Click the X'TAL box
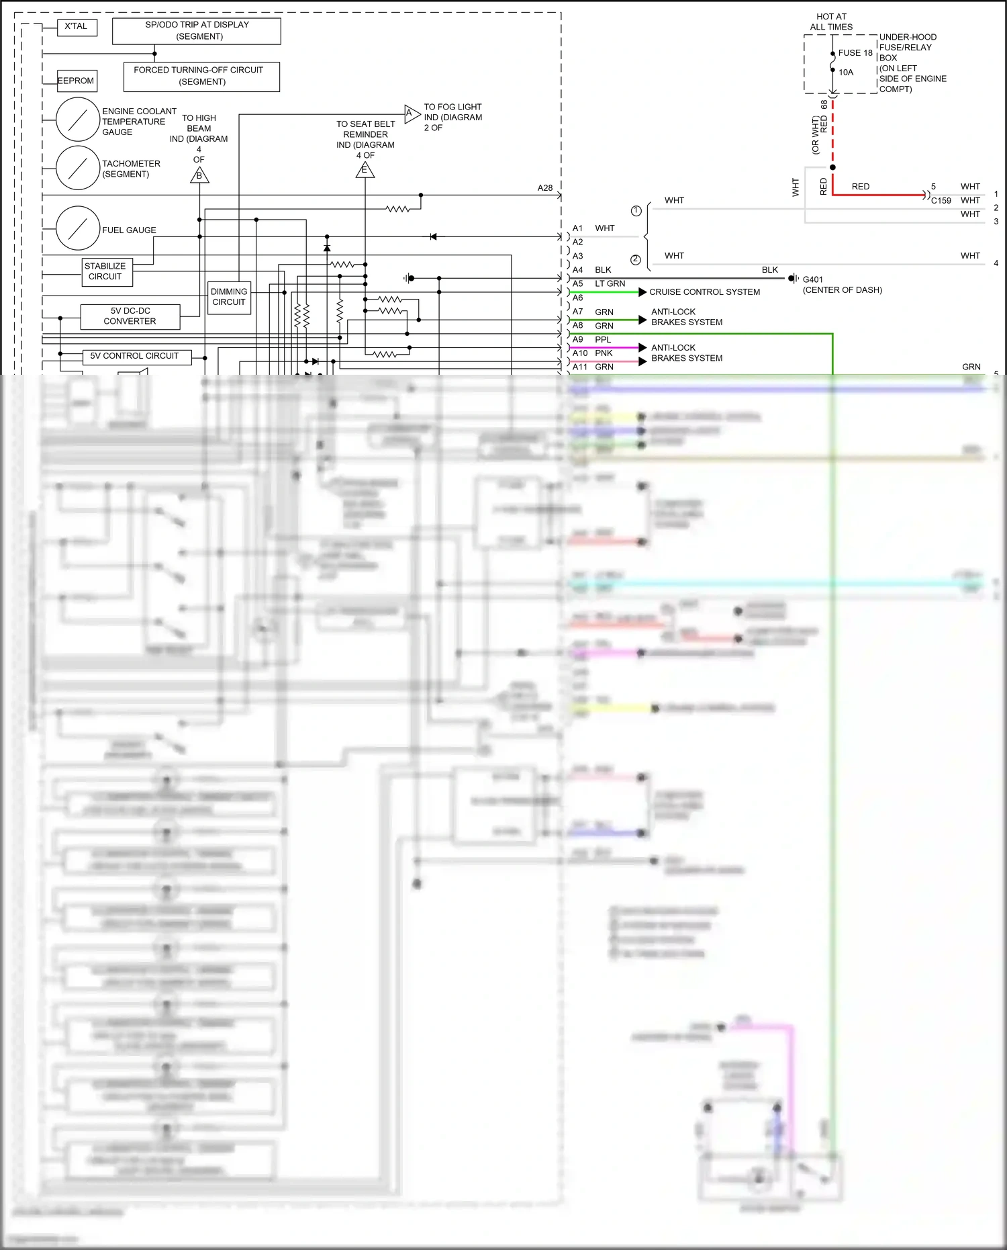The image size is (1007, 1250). (76, 27)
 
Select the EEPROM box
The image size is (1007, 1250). (77, 81)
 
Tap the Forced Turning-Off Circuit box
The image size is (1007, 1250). (201, 76)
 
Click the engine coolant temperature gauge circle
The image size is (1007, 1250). (78, 120)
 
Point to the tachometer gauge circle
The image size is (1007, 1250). (78, 167)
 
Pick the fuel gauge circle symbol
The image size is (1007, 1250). (78, 228)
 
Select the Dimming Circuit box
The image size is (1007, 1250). (229, 297)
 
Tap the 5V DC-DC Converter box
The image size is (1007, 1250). (130, 316)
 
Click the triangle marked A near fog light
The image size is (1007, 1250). (411, 113)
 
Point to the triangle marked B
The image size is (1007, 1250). (199, 175)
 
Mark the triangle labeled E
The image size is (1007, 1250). (365, 170)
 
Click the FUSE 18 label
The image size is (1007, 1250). (855, 53)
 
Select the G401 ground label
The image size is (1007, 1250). (812, 279)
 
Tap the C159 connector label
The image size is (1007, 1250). (941, 201)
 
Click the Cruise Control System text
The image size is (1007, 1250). (704, 292)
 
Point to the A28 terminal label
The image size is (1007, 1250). (545, 188)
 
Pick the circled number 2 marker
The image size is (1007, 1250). (635, 260)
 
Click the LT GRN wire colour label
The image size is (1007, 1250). (610, 284)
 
